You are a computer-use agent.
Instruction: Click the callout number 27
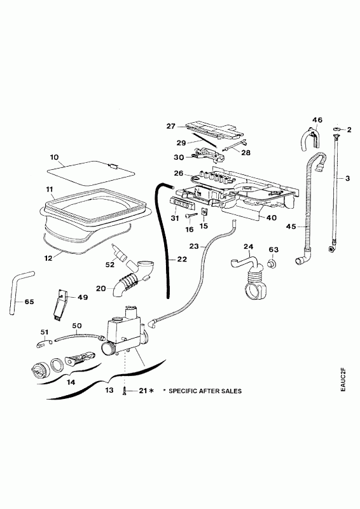click(170, 126)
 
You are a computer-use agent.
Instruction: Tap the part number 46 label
click(317, 120)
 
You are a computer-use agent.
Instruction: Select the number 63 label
click(273, 249)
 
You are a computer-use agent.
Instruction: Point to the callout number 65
click(29, 302)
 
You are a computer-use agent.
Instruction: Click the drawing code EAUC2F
click(344, 379)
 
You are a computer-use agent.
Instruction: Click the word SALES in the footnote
click(230, 391)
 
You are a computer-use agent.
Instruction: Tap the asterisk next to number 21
click(151, 391)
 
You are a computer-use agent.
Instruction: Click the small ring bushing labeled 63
click(272, 263)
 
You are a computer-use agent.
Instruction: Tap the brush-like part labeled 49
click(60, 305)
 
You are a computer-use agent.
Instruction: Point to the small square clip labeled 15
click(205, 213)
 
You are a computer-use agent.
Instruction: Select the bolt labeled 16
click(191, 216)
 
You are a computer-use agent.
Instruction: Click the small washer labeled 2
click(336, 130)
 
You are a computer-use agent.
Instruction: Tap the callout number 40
click(272, 218)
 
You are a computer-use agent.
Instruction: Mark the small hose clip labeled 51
click(44, 343)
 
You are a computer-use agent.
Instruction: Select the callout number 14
click(71, 382)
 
